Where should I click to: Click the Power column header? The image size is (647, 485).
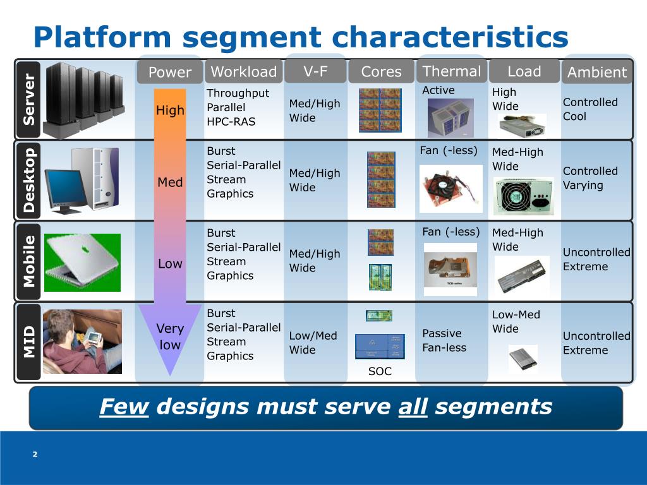(x=169, y=73)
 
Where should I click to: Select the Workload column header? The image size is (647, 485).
(x=243, y=72)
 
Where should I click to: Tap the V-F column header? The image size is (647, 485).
(x=315, y=71)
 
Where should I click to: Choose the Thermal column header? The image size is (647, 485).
(x=451, y=71)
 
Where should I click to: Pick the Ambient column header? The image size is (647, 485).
(x=596, y=73)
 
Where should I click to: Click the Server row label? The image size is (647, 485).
(x=29, y=99)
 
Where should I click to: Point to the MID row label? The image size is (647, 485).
(x=29, y=342)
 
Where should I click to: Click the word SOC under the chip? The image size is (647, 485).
(x=380, y=371)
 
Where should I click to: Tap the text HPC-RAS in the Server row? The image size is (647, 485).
(x=231, y=121)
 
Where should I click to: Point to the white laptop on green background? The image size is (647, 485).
(x=82, y=262)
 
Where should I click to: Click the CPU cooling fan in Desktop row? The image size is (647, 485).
(x=450, y=188)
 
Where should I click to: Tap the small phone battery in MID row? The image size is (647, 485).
(x=523, y=358)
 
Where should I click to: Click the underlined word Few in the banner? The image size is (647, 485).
(x=124, y=407)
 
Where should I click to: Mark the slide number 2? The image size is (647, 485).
(x=35, y=454)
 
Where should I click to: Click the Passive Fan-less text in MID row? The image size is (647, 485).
(x=444, y=340)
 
